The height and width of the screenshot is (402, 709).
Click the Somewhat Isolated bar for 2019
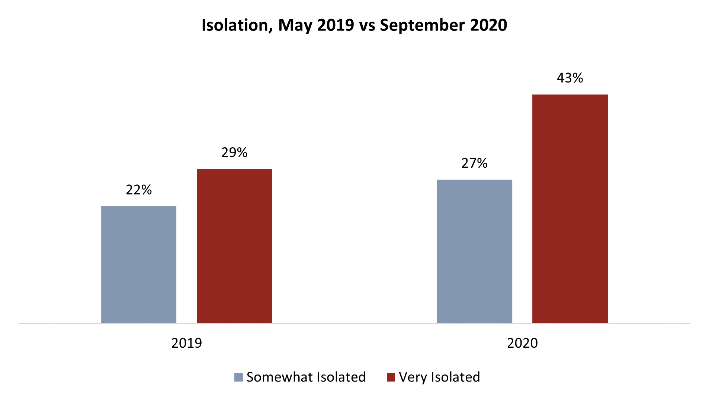click(139, 264)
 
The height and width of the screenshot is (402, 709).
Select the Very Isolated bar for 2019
click(234, 245)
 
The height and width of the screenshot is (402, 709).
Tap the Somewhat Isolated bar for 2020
click(474, 251)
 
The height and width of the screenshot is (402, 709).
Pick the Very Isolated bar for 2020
click(570, 208)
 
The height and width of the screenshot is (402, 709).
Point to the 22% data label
click(139, 190)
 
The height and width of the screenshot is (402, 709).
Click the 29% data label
click(234, 152)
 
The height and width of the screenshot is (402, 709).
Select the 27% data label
click(474, 163)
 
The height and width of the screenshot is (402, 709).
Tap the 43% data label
click(570, 78)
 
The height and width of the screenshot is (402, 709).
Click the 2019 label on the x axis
click(186, 343)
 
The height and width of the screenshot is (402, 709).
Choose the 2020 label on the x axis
click(522, 343)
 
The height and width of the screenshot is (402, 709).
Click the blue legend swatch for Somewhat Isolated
click(238, 377)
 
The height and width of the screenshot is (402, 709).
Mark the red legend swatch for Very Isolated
click(391, 377)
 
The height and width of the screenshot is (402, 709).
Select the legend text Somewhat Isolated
click(306, 377)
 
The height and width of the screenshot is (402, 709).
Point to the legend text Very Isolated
click(439, 377)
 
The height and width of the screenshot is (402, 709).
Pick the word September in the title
click(422, 25)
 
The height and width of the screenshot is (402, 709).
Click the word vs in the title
click(367, 25)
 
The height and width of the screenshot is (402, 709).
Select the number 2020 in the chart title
click(488, 25)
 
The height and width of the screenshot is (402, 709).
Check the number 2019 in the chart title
click(336, 25)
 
